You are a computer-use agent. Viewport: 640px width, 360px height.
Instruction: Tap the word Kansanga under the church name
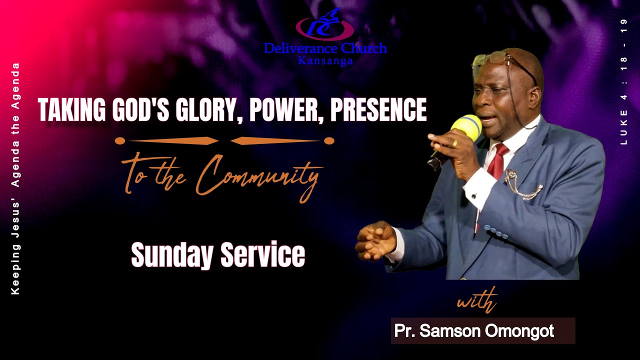[x=325, y=61]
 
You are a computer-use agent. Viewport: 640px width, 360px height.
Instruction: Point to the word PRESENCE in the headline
[x=378, y=110]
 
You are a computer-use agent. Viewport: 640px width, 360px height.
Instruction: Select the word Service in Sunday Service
[x=263, y=255]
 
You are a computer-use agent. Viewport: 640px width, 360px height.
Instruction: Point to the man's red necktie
[x=498, y=160]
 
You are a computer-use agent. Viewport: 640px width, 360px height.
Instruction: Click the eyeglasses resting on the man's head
[x=492, y=58]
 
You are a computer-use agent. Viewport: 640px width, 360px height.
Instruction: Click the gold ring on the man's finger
[x=454, y=143]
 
